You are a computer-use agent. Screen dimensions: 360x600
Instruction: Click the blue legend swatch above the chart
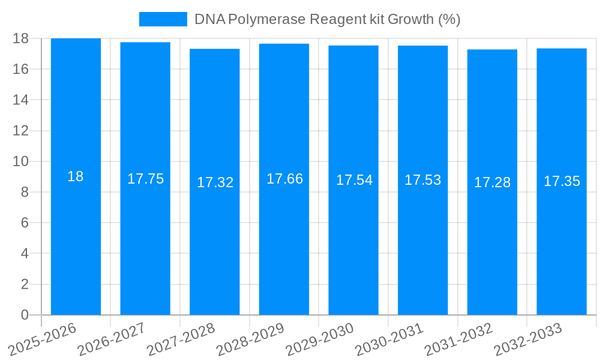click(x=163, y=19)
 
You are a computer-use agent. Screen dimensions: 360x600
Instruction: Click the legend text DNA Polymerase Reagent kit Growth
click(x=327, y=19)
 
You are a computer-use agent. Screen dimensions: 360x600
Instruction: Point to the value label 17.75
click(x=145, y=179)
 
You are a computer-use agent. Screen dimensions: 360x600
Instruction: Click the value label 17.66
click(x=284, y=179)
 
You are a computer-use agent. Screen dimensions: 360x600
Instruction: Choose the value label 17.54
click(x=354, y=180)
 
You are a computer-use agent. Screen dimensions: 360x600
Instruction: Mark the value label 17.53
click(x=422, y=180)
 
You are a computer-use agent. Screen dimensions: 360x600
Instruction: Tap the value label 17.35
click(x=562, y=181)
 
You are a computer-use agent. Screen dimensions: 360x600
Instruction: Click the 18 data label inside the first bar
click(x=76, y=176)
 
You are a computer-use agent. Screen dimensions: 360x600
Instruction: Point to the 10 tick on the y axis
click(x=21, y=161)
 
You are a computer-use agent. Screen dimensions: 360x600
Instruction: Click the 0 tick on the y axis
click(x=25, y=315)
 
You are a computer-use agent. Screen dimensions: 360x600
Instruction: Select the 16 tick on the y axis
click(x=21, y=69)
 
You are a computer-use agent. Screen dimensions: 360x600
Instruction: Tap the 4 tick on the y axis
click(x=25, y=254)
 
